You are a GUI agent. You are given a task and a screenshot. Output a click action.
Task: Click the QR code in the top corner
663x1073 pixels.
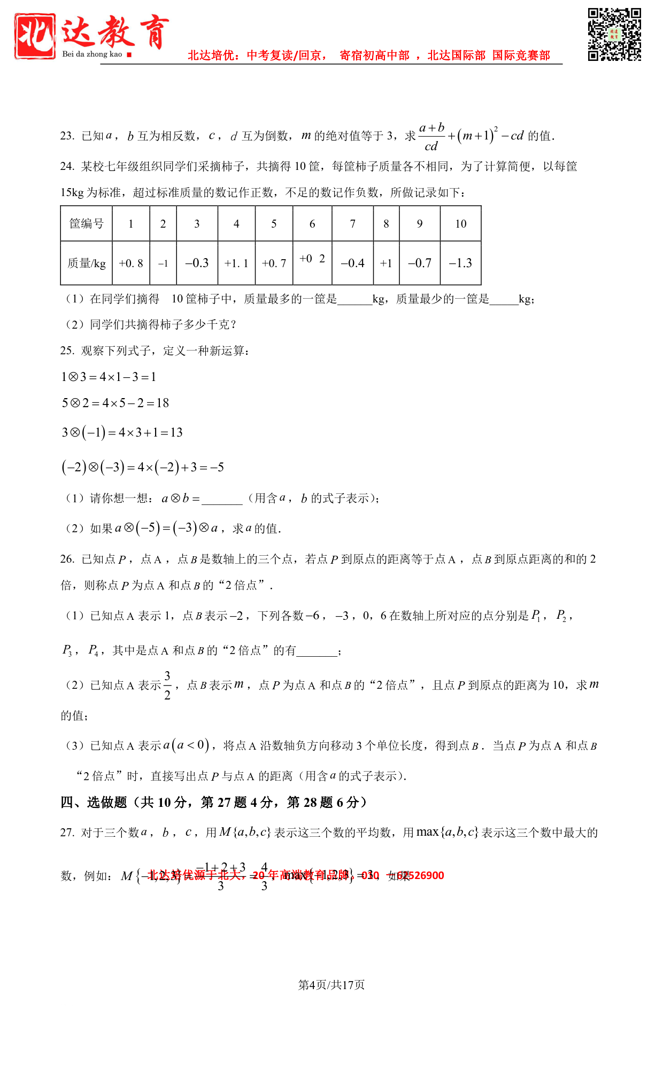click(614, 35)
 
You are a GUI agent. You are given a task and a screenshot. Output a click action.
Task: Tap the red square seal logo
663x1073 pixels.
click(35, 36)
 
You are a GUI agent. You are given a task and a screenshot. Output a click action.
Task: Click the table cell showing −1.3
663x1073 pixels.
click(460, 263)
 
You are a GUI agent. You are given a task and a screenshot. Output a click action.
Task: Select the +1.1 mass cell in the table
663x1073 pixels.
click(236, 263)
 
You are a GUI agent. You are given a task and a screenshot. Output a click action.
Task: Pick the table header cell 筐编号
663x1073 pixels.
click(87, 224)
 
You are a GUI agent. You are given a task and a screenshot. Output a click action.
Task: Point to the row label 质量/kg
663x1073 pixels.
click(87, 263)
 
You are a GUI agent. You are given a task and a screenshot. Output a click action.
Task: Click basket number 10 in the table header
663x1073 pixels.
click(460, 224)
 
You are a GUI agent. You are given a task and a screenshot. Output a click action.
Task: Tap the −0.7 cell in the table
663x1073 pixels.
click(420, 263)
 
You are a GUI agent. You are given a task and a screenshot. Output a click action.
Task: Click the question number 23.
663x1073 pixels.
click(67, 136)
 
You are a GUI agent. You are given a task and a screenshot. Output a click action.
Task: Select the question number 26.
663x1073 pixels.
click(67, 559)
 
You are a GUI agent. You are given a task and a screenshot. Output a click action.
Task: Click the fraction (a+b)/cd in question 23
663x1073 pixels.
click(431, 137)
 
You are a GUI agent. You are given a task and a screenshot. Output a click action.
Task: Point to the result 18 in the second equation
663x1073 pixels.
click(163, 403)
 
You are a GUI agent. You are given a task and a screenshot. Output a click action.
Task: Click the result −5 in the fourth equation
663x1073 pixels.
click(217, 468)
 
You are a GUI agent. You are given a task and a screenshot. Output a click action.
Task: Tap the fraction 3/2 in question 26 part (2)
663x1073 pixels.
click(167, 685)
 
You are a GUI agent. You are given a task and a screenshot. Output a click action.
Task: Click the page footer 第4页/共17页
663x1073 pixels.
click(331, 985)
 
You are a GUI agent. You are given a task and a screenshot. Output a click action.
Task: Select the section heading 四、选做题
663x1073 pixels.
click(94, 802)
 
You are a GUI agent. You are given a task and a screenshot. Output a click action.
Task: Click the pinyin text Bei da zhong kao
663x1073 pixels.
click(92, 54)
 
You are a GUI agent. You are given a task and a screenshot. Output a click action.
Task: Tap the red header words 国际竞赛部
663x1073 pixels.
click(521, 56)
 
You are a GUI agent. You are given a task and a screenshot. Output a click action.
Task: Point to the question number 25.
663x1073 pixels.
click(67, 351)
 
